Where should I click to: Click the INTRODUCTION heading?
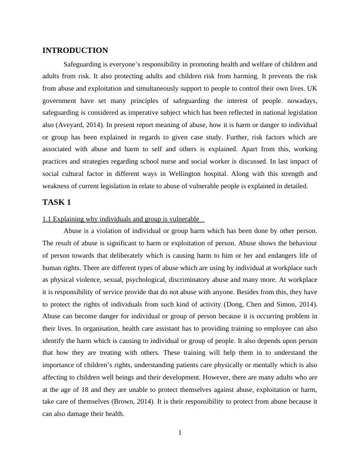point(75,51)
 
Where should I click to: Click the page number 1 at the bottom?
point(180,434)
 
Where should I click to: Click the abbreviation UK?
point(311,88)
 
